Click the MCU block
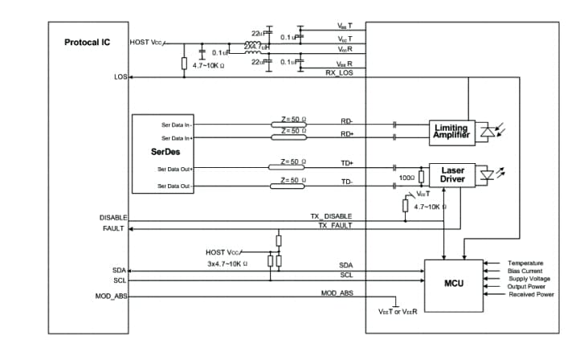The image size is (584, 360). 454,282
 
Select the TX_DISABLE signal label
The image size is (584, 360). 330,217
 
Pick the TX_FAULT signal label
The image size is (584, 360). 334,227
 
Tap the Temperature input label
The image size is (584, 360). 525,263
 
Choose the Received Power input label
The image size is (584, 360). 531,294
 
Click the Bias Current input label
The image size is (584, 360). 526,271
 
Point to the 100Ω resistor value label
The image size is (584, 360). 406,178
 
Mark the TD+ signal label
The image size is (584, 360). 347,163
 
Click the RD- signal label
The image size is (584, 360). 347,121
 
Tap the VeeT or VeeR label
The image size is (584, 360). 397,311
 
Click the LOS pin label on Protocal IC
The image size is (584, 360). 121,77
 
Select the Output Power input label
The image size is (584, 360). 527,286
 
